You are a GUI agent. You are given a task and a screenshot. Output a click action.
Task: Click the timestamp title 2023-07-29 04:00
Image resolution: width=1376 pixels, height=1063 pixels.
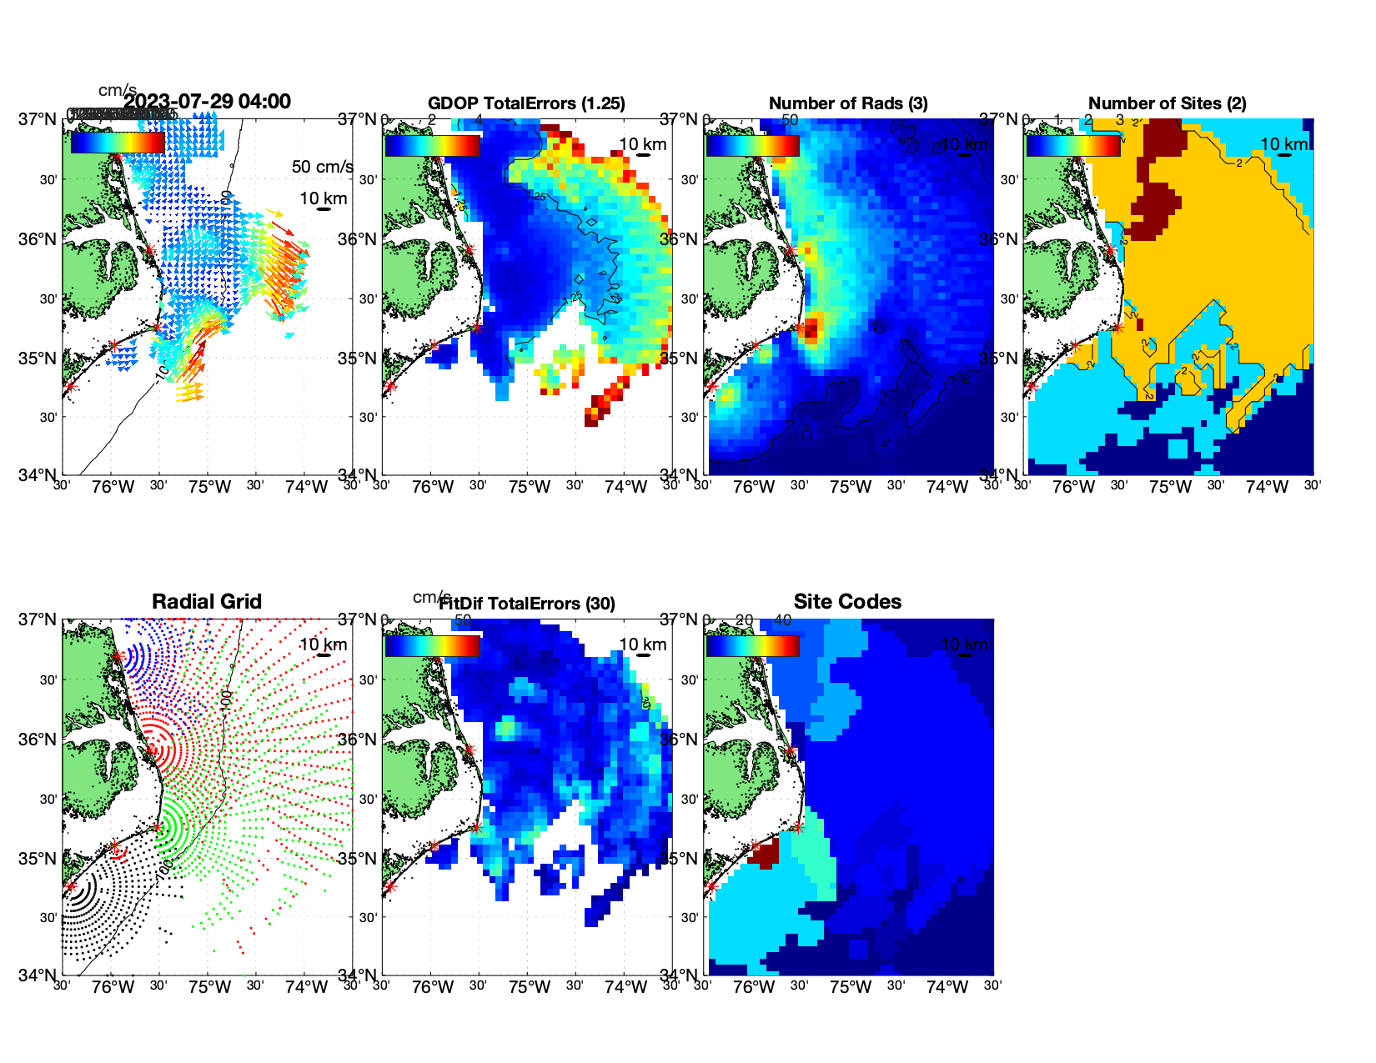pos(208,102)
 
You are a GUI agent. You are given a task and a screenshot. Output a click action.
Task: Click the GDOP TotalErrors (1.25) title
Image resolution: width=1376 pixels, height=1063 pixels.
pos(526,103)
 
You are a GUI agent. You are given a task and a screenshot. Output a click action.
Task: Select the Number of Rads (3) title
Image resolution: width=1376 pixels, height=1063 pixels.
pos(848,103)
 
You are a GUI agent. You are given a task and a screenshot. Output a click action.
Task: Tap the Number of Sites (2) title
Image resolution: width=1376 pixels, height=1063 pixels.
pos(1167,103)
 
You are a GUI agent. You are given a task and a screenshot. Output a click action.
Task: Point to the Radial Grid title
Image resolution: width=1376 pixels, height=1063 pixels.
pos(207,602)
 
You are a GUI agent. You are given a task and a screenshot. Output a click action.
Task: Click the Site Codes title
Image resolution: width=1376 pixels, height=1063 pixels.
pos(847,602)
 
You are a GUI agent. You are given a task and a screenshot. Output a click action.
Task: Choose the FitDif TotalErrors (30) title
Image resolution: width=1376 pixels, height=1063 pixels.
pos(528,604)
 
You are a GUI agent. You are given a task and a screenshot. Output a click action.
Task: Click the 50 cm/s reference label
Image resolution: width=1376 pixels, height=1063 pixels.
pos(322,167)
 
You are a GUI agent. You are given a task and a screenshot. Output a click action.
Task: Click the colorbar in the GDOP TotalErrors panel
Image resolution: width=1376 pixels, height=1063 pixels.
pos(432,145)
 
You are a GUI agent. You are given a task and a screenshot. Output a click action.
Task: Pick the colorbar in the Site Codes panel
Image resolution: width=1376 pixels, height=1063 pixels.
pos(752,645)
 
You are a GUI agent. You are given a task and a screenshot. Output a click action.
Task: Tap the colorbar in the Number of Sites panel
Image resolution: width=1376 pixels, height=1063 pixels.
pos(1073,145)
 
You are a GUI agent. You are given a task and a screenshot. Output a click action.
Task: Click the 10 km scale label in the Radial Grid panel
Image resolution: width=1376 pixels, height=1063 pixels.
pos(323,644)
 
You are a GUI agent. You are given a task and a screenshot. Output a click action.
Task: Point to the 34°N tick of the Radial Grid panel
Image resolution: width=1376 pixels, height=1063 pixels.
pos(39,975)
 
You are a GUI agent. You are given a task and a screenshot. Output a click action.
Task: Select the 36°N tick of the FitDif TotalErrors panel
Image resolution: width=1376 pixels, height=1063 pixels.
pos(359,740)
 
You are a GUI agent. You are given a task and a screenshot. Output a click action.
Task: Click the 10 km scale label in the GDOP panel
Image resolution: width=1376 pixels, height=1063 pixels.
pos(643,144)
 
